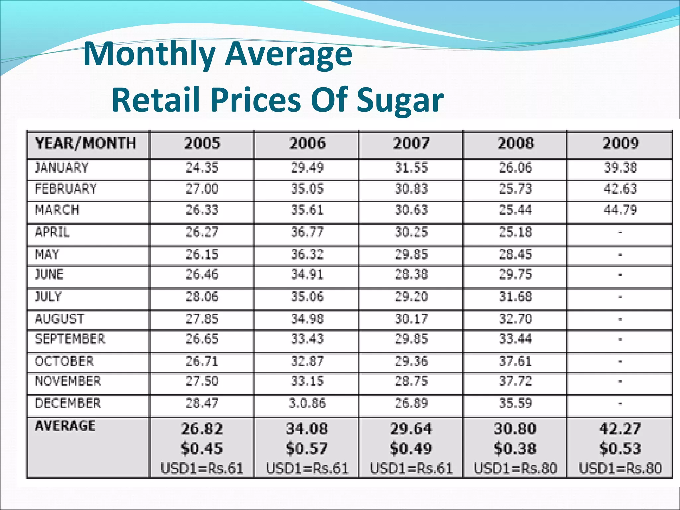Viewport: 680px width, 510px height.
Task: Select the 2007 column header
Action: pyautogui.click(x=411, y=143)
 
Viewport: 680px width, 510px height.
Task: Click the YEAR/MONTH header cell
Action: pyautogui.click(x=86, y=143)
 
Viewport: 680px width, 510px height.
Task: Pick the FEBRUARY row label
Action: pyautogui.click(x=66, y=189)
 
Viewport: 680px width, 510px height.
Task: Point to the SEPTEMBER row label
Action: pyautogui.click(x=70, y=339)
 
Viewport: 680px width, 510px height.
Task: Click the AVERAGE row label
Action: pyautogui.click(x=65, y=426)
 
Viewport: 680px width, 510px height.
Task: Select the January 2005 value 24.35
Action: pyautogui.click(x=202, y=168)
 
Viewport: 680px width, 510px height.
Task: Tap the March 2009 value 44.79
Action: pyautogui.click(x=620, y=210)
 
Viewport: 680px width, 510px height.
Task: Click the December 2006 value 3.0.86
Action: pyautogui.click(x=307, y=403)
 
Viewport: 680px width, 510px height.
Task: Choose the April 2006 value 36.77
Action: pyautogui.click(x=307, y=232)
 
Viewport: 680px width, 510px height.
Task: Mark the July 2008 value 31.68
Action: pyautogui.click(x=515, y=297)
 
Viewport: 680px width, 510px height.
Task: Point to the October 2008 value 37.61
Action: pyautogui.click(x=515, y=361)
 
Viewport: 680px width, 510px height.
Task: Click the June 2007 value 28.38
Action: pyautogui.click(x=411, y=275)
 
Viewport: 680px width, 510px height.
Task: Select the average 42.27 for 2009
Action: pyautogui.click(x=620, y=429)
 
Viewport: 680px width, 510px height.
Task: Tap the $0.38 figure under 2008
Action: pyautogui.click(x=515, y=449)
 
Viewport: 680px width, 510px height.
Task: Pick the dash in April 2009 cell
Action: pyautogui.click(x=620, y=232)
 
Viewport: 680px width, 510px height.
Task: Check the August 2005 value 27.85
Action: pyautogui.click(x=202, y=319)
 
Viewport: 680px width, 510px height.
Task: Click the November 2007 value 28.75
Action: pyautogui.click(x=411, y=381)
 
